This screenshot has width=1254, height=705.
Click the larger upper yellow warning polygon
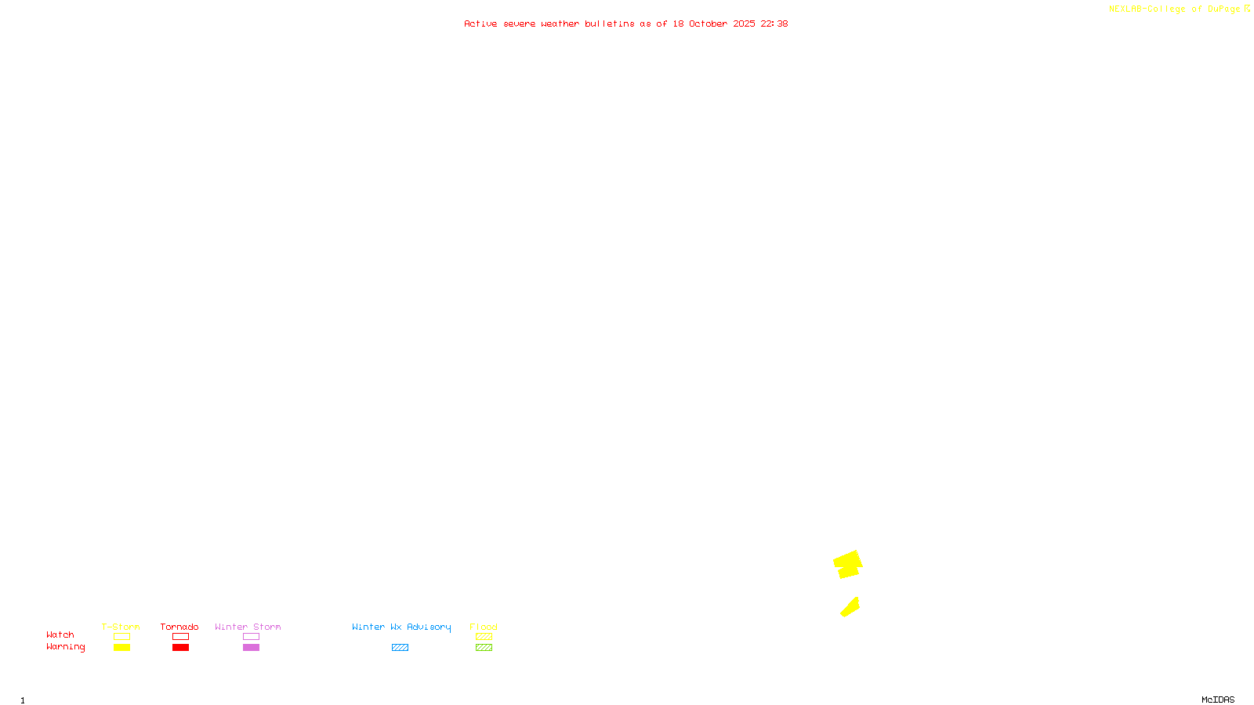(847, 564)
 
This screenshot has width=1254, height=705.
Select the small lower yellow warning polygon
(850, 607)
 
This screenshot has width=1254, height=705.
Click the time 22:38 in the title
(774, 23)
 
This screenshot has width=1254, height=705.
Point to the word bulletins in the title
(609, 23)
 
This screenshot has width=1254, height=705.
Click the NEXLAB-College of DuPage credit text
(1174, 9)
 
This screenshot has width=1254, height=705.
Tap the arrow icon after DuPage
(1247, 9)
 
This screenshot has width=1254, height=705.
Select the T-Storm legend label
(121, 627)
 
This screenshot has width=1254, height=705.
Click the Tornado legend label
(179, 627)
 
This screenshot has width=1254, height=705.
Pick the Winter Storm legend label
(248, 627)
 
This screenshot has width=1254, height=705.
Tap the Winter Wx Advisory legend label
(401, 627)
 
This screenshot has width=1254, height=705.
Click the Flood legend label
(484, 627)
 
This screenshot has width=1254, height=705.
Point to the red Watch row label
(60, 634)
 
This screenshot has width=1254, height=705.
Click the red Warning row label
(65, 647)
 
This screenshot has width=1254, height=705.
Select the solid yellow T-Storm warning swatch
(121, 648)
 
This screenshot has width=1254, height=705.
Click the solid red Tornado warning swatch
(180, 648)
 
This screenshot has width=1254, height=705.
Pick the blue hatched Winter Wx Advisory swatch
(400, 648)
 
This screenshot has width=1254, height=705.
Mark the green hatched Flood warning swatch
(484, 648)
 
